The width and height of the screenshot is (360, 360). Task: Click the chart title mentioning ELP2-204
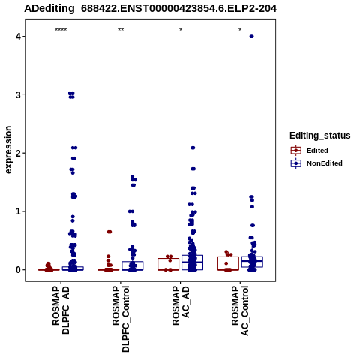coord(151,8)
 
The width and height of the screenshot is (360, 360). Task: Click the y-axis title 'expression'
coord(8,150)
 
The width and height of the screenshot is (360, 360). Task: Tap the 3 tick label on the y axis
coord(18,94)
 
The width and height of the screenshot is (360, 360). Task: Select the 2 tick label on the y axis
coord(18,153)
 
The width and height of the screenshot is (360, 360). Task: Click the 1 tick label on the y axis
coord(18,211)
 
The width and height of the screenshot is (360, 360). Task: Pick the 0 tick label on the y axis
coord(18,270)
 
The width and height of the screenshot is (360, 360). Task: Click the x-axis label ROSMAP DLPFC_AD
coord(61,310)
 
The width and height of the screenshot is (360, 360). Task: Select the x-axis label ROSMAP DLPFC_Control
coord(121,319)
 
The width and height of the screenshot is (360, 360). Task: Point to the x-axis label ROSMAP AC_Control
coord(240,310)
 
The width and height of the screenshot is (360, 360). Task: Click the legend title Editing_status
coord(320,136)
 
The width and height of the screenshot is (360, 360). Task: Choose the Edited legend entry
coord(309,151)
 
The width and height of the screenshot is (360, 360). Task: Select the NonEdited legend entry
coord(316,163)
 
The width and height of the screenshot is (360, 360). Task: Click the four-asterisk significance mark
coord(61,30)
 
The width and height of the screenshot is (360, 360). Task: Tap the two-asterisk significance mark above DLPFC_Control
coord(121,30)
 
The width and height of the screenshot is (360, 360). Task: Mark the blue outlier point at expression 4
coord(252,37)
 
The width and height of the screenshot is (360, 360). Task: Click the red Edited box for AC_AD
coord(168,264)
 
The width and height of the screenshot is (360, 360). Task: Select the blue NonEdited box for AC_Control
coord(252,262)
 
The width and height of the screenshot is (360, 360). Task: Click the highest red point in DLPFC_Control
coord(109,232)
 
